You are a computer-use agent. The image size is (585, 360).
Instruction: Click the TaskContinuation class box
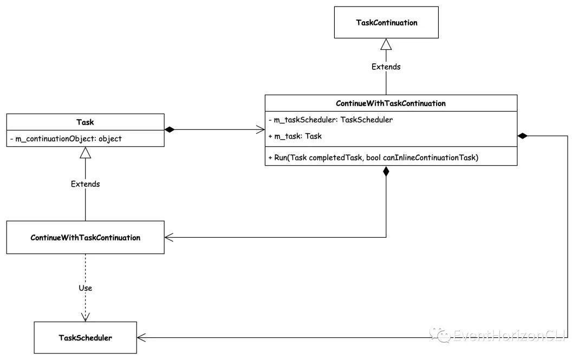(386, 22)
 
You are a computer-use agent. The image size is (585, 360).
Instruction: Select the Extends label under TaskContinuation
(386, 67)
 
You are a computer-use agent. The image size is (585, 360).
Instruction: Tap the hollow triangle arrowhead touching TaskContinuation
(386, 44)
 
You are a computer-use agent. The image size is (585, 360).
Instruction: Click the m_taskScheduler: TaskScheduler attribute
(330, 120)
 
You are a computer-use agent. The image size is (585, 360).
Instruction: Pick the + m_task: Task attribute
(295, 136)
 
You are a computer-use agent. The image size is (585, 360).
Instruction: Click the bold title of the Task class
(85, 122)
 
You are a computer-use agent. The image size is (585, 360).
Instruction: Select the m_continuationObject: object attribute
(67, 139)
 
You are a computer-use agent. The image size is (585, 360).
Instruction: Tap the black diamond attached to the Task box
(170, 130)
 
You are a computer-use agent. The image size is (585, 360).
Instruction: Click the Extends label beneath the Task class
(85, 184)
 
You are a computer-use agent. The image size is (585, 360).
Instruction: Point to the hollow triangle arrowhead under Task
(85, 153)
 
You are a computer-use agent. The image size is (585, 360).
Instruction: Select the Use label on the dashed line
(85, 288)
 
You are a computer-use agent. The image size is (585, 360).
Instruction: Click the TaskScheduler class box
(85, 337)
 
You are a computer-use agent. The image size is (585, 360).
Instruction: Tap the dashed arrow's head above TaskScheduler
(85, 316)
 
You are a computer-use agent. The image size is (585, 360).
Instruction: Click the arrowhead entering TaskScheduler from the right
(142, 337)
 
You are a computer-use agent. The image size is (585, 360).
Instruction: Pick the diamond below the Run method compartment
(386, 172)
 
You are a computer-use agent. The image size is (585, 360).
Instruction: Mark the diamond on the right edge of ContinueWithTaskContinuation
(523, 136)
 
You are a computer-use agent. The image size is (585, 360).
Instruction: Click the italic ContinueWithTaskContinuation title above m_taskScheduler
(391, 103)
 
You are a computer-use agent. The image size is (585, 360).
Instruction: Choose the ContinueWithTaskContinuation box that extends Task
(85, 237)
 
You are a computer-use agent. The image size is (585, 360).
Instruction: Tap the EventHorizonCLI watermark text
(509, 336)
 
